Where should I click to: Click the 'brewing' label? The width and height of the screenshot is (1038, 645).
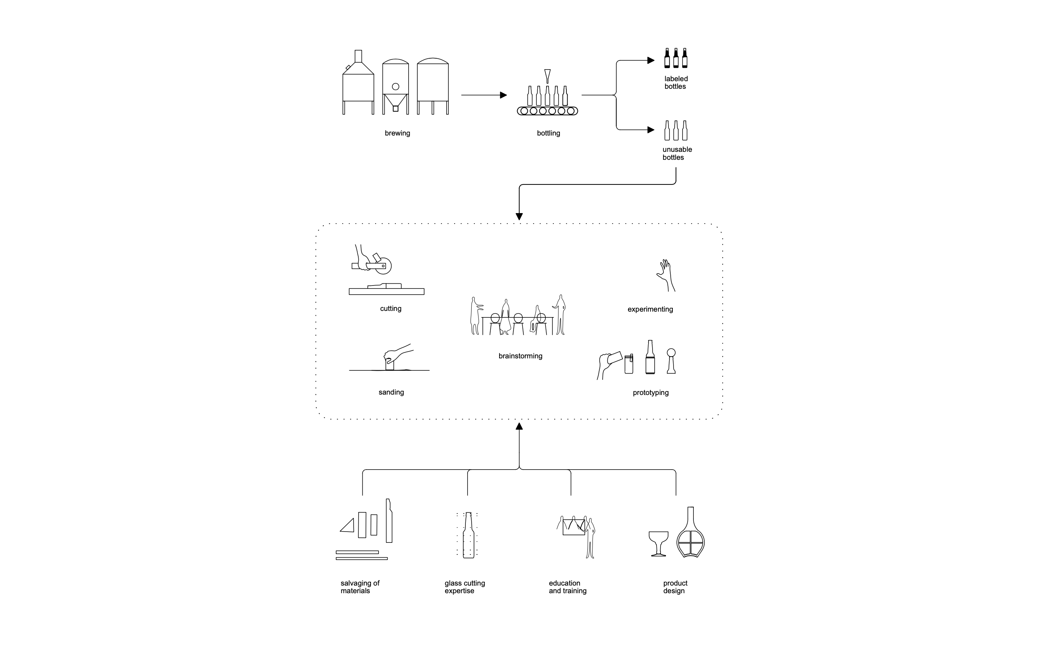click(x=397, y=133)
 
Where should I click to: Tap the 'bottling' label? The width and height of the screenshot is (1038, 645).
click(x=548, y=133)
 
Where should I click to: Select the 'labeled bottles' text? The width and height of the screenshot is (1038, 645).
click(x=676, y=83)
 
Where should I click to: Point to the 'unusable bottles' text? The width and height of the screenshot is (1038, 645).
click(x=677, y=154)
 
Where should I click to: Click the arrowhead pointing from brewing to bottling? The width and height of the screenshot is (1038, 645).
click(x=503, y=95)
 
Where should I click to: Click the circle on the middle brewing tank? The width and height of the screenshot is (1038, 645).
click(x=396, y=87)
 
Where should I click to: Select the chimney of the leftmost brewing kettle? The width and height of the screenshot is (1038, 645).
click(x=358, y=56)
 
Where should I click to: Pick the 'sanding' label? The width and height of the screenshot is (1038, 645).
click(x=391, y=392)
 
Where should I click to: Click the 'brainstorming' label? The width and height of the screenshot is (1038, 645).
click(x=520, y=356)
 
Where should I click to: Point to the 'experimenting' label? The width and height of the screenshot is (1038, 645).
click(x=650, y=310)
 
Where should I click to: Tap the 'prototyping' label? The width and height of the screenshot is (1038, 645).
click(x=651, y=393)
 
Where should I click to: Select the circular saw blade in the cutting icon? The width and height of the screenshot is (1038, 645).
click(x=384, y=266)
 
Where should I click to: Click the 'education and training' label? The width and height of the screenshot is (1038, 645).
click(x=567, y=587)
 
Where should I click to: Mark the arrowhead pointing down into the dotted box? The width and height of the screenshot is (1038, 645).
click(x=519, y=216)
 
